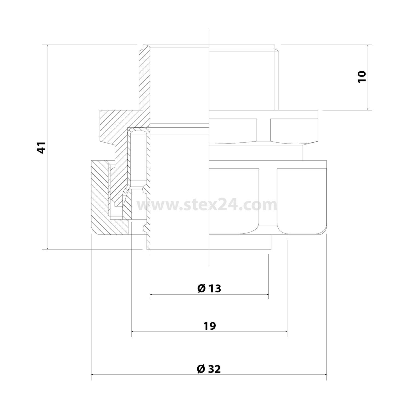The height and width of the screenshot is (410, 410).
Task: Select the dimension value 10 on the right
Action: pos(361,77)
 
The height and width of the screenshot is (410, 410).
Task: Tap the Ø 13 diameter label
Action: pos(209,288)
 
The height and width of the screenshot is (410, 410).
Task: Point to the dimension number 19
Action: pos(210,326)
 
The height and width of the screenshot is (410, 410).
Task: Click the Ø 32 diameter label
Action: pos(209,369)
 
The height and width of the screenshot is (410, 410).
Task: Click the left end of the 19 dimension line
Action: pos(132,332)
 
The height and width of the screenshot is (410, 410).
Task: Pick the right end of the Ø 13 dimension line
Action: pos(268,294)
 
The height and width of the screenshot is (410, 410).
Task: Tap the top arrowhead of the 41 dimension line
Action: pos(47,45)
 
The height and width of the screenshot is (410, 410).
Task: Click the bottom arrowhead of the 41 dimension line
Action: pos(47,249)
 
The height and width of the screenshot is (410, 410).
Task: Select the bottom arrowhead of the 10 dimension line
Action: pos(368,109)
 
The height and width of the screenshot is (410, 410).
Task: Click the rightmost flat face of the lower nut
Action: pos(302,201)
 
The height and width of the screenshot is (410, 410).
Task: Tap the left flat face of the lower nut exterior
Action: pos(234,201)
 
